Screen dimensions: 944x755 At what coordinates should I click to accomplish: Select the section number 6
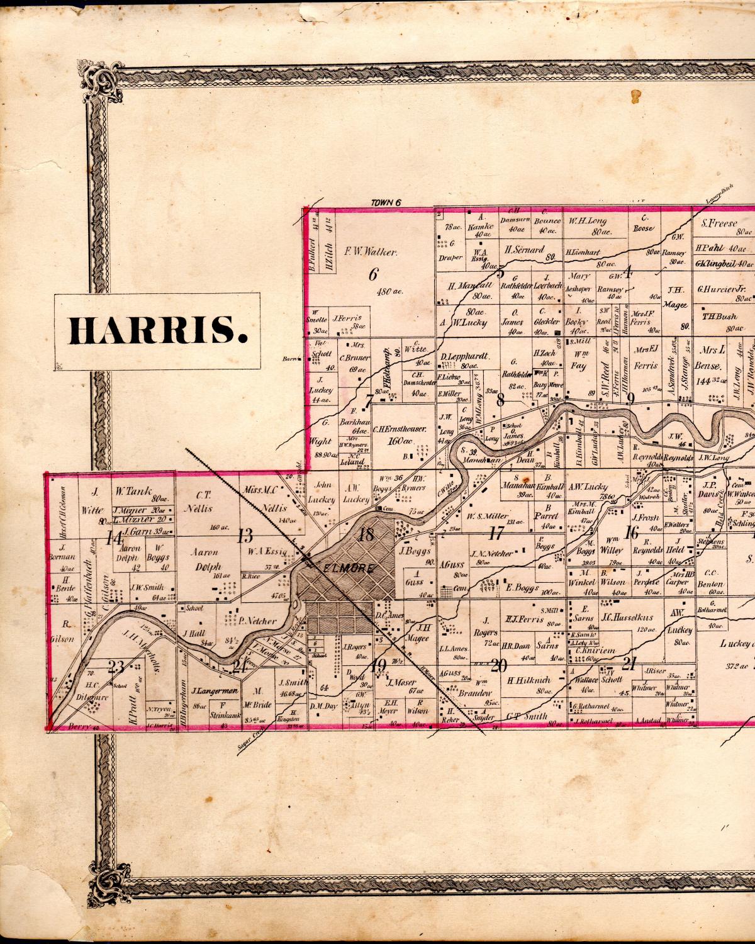372,274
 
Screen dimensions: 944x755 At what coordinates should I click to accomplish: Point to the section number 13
245,536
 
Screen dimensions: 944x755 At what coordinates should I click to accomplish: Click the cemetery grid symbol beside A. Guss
446,592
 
